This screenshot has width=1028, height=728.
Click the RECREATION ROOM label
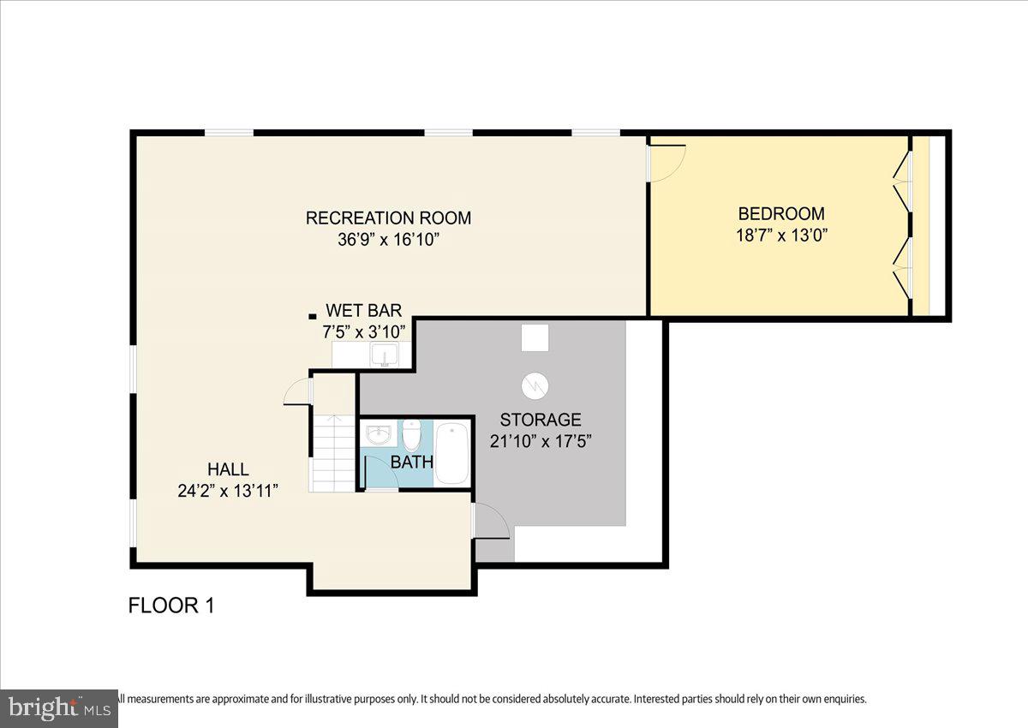[388, 218]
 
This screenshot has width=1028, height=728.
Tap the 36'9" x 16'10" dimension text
[388, 240]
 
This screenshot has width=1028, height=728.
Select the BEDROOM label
[781, 214]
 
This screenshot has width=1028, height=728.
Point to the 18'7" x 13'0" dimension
[781, 236]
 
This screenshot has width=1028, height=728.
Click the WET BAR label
[364, 311]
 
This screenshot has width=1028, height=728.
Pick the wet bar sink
[385, 355]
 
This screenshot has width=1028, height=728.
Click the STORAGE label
[541, 420]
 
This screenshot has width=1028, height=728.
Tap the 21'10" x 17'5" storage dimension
[541, 441]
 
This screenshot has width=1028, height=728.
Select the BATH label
[412, 462]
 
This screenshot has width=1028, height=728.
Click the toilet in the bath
[412, 436]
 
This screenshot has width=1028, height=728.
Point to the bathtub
[452, 454]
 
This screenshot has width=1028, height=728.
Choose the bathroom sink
[379, 434]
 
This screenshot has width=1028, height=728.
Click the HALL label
[228, 469]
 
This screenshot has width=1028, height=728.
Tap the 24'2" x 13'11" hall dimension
[228, 492]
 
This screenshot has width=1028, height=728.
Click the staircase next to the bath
[333, 453]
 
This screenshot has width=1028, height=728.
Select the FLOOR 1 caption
[171, 606]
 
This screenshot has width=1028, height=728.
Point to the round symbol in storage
[535, 385]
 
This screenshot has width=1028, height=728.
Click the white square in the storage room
[535, 337]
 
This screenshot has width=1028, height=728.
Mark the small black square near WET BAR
[313, 316]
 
